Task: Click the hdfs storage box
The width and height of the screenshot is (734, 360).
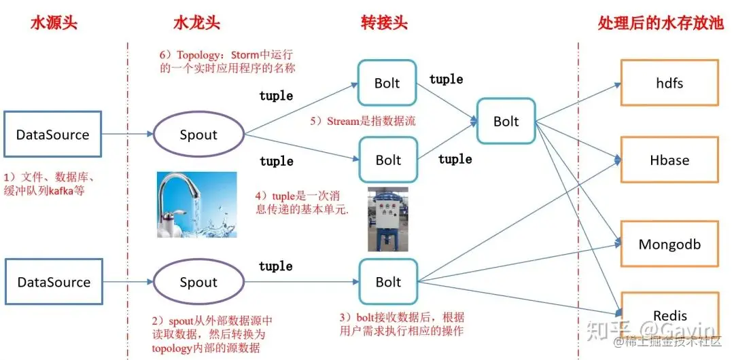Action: (669, 83)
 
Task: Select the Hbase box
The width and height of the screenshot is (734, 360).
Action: (669, 160)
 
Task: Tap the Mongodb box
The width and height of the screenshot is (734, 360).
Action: (669, 244)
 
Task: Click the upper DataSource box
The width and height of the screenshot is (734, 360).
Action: (52, 134)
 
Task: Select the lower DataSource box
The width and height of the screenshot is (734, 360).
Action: (52, 282)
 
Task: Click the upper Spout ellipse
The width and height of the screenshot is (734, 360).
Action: (198, 134)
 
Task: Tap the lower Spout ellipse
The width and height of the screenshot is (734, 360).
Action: (198, 282)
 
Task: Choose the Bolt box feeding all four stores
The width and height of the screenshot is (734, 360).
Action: (506, 121)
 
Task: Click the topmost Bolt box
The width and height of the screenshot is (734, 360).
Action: (387, 83)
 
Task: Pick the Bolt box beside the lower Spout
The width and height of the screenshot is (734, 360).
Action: (388, 282)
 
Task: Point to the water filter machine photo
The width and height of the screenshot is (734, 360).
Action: (387, 219)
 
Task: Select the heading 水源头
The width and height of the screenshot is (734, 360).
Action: (54, 22)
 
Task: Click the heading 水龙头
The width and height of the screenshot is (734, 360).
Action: (196, 22)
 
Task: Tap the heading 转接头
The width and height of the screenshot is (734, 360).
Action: (384, 22)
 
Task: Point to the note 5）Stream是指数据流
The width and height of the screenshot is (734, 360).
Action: (362, 122)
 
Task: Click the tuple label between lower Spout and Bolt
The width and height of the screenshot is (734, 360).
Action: (276, 266)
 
